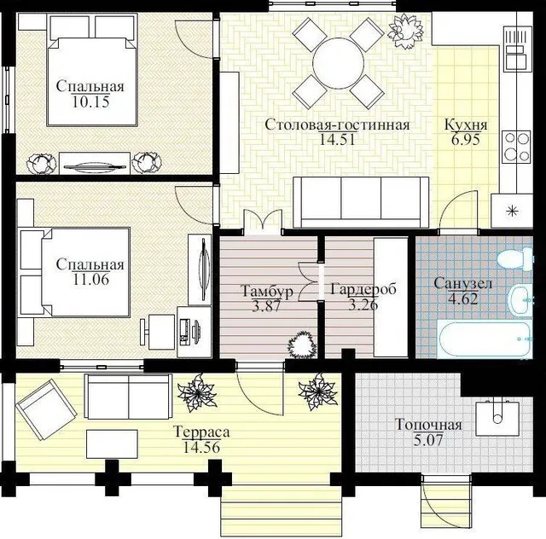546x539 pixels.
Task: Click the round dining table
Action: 338,62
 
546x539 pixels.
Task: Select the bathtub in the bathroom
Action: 485,339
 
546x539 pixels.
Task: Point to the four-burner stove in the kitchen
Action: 516,146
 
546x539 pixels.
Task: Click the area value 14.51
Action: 337,140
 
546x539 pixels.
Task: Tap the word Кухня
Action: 466,125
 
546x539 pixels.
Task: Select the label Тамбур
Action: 267,292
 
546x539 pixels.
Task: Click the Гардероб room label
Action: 363,288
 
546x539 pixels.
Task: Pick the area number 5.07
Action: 428,440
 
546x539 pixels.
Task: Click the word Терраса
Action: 201,432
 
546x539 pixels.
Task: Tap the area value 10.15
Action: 91,101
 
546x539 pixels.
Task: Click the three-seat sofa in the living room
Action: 361,202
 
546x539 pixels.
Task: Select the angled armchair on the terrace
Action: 46,410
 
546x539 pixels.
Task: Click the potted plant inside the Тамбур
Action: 302,345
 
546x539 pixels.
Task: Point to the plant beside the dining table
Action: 406,32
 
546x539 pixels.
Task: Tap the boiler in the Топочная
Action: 497,418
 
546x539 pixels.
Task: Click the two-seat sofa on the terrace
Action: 129,397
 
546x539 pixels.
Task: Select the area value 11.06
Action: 91,279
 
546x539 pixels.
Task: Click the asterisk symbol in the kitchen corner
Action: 512,211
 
